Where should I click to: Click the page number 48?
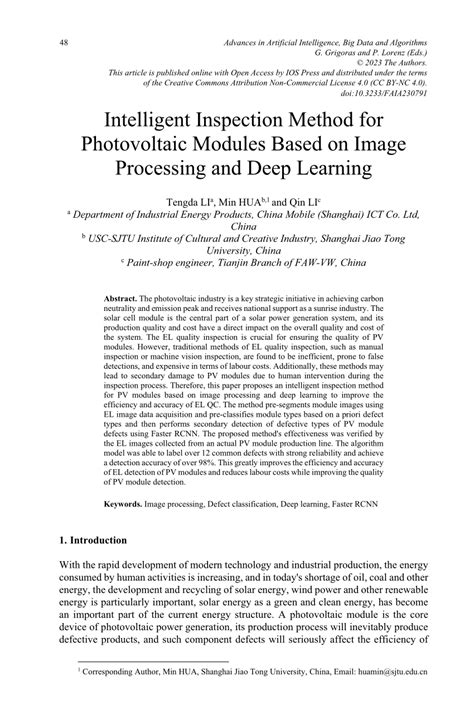(64, 43)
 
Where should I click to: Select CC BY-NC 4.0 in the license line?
(400, 83)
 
